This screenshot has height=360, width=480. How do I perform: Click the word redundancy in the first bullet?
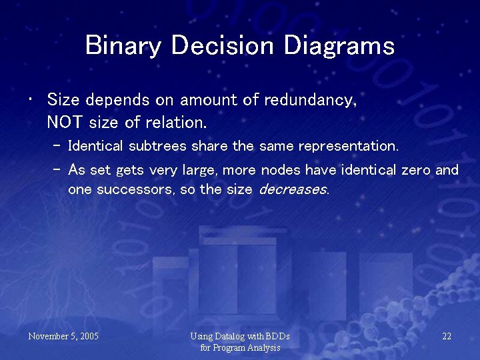(x=310, y=101)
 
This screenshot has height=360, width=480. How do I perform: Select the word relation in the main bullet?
(x=180, y=123)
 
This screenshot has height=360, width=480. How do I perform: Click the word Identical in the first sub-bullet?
(x=94, y=145)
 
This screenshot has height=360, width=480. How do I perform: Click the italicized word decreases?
(x=293, y=189)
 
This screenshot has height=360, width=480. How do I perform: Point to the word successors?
(x=136, y=189)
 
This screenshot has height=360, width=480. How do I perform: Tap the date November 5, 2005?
(x=63, y=336)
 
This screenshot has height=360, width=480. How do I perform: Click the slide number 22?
(x=447, y=336)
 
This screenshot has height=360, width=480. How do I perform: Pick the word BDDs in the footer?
(x=277, y=336)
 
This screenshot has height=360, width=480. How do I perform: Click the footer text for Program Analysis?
(x=240, y=347)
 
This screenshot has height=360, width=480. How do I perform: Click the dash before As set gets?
(x=56, y=170)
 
